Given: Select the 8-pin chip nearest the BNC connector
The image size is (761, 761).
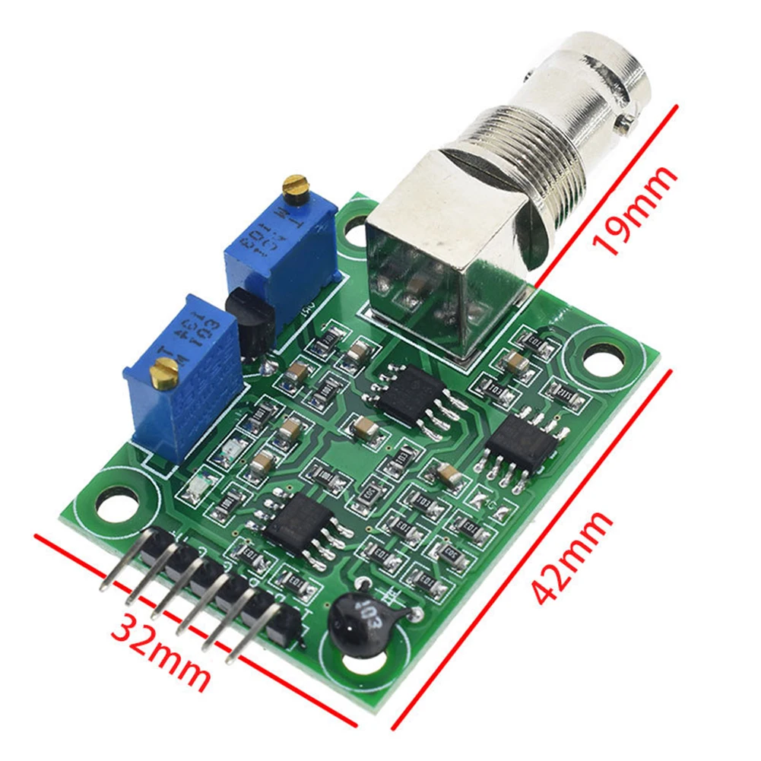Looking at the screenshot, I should (x=411, y=395).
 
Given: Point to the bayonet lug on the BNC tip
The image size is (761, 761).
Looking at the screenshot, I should (x=626, y=119).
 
